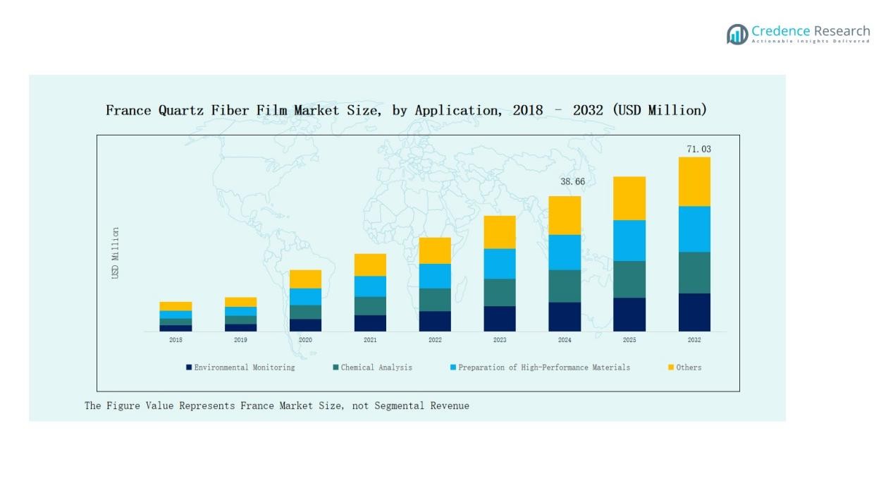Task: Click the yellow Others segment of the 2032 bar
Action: coord(694,181)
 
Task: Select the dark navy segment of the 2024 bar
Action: coord(565,317)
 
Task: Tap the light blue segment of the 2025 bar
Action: coord(629,241)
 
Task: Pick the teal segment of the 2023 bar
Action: coord(500,292)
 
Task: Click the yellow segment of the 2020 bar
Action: coord(305,279)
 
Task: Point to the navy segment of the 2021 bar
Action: coord(370,323)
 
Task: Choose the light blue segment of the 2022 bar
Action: coord(435,276)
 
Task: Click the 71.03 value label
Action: coord(698,150)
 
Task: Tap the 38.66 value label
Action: coord(572,182)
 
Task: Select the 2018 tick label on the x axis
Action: coord(175,340)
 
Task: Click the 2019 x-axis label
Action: coord(240,340)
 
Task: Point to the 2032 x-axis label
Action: coord(694,340)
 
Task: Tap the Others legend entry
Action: coord(688,368)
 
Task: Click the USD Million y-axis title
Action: coord(116,253)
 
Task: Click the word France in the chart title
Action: coord(128,110)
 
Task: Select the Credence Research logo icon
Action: coord(737,34)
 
